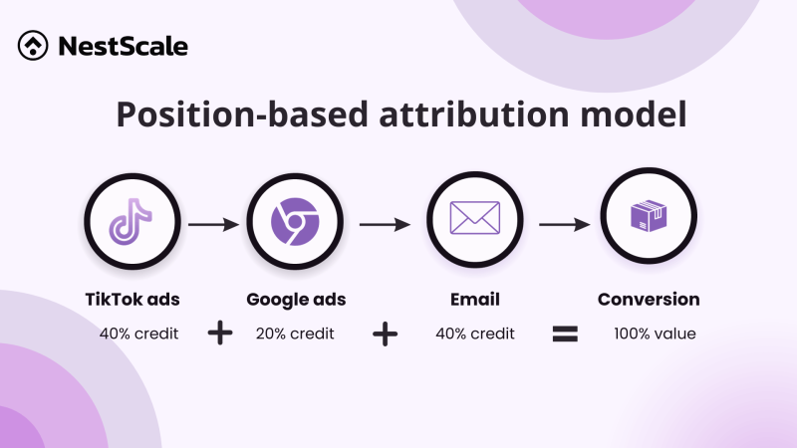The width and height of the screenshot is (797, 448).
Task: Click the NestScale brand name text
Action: tap(123, 46)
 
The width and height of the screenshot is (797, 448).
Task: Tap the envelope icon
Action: tap(475, 222)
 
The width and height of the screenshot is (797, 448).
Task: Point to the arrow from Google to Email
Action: tap(385, 225)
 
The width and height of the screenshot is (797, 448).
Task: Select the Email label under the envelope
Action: tap(475, 300)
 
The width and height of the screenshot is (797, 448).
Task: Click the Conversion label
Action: tap(649, 300)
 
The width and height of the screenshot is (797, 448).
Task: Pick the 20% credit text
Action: tap(295, 334)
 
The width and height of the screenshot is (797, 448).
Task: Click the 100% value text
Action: tap(655, 334)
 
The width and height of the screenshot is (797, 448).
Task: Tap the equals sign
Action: tap(566, 335)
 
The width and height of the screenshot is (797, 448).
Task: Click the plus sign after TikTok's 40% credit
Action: tap(220, 335)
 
